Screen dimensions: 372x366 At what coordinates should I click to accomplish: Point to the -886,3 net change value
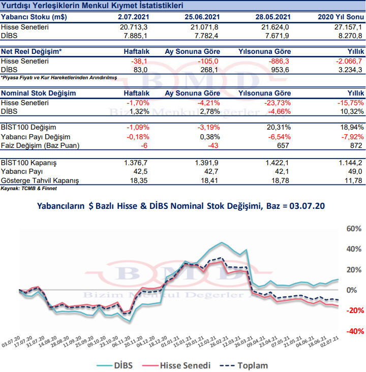click(279, 60)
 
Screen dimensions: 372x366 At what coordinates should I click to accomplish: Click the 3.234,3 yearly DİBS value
click(350, 69)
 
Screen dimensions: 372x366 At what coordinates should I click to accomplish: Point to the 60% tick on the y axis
click(353, 229)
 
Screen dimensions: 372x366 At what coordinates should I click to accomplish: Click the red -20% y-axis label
click(353, 311)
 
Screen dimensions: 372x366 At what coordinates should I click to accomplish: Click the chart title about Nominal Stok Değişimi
click(180, 206)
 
